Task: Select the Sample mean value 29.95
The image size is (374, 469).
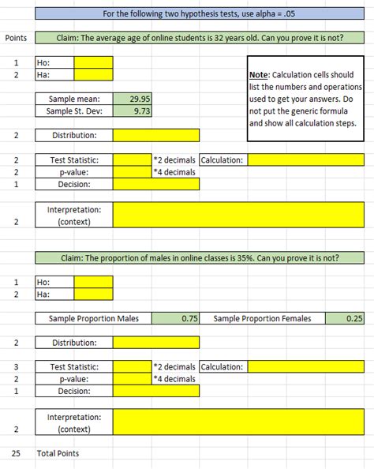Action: point(133,99)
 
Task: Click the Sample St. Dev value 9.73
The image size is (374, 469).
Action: point(133,111)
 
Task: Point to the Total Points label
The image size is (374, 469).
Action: point(58,453)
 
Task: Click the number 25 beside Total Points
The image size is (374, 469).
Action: point(16,453)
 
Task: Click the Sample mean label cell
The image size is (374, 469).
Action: point(73,99)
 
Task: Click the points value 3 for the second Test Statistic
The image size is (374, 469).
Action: point(16,366)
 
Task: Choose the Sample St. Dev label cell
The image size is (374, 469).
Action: point(73,111)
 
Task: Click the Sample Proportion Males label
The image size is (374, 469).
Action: point(93,318)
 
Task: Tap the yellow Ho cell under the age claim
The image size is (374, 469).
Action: point(93,62)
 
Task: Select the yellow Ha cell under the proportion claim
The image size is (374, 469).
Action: point(93,294)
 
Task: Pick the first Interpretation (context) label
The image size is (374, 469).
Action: point(73,216)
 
